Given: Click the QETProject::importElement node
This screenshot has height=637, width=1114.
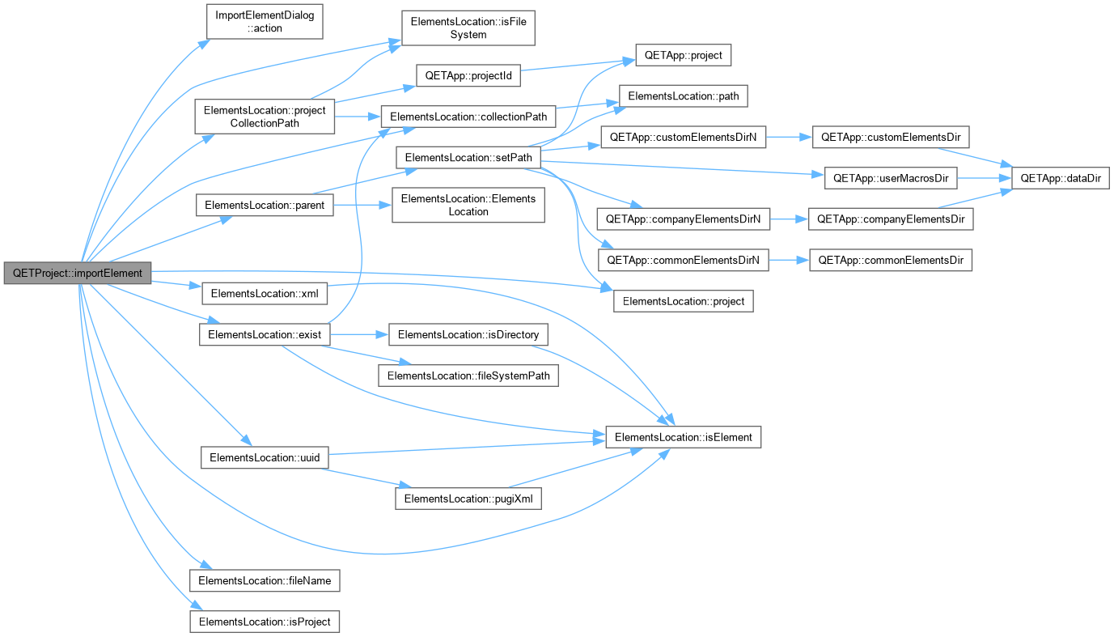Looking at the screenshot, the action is pyautogui.click(x=77, y=274).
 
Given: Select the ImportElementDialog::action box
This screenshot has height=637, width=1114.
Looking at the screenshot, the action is pyautogui.click(x=265, y=22).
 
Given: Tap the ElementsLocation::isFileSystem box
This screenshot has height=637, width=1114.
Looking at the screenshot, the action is pyautogui.click(x=468, y=28).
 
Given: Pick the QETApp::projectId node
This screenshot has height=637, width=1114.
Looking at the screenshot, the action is pyautogui.click(x=468, y=75).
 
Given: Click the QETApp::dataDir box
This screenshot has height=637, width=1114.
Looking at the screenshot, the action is pyautogui.click(x=1061, y=178).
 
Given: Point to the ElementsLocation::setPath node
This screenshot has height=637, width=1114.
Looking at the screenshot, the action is pyautogui.click(x=468, y=158).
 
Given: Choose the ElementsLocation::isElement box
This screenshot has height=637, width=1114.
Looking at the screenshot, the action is pyautogui.click(x=683, y=437).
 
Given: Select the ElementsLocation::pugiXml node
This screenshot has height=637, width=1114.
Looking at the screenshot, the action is pyautogui.click(x=468, y=499).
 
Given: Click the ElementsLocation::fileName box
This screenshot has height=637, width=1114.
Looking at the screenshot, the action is pyautogui.click(x=265, y=581).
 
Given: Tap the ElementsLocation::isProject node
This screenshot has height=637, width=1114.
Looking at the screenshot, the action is pyautogui.click(x=265, y=622).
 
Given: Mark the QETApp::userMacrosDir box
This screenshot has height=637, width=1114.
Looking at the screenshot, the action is pyautogui.click(x=891, y=178).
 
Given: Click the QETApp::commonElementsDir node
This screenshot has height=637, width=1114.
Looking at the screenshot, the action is pyautogui.click(x=891, y=261).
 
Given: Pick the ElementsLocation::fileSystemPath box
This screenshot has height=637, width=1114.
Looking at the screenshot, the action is pyautogui.click(x=468, y=376).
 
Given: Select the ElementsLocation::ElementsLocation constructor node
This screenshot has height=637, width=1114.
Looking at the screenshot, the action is pyautogui.click(x=468, y=205).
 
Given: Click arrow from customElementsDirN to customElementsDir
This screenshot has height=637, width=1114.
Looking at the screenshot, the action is pyautogui.click(x=789, y=137).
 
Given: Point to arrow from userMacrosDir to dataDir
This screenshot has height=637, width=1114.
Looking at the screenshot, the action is pyautogui.click(x=985, y=178).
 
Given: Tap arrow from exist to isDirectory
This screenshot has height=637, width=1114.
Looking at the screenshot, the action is pyautogui.click(x=359, y=335).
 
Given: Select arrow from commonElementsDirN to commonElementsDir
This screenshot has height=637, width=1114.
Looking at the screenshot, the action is pyautogui.click(x=789, y=261).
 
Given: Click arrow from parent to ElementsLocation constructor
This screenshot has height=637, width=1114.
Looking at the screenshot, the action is pyautogui.click(x=362, y=205).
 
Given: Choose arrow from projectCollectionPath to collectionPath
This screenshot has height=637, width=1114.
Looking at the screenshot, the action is pyautogui.click(x=358, y=117).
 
